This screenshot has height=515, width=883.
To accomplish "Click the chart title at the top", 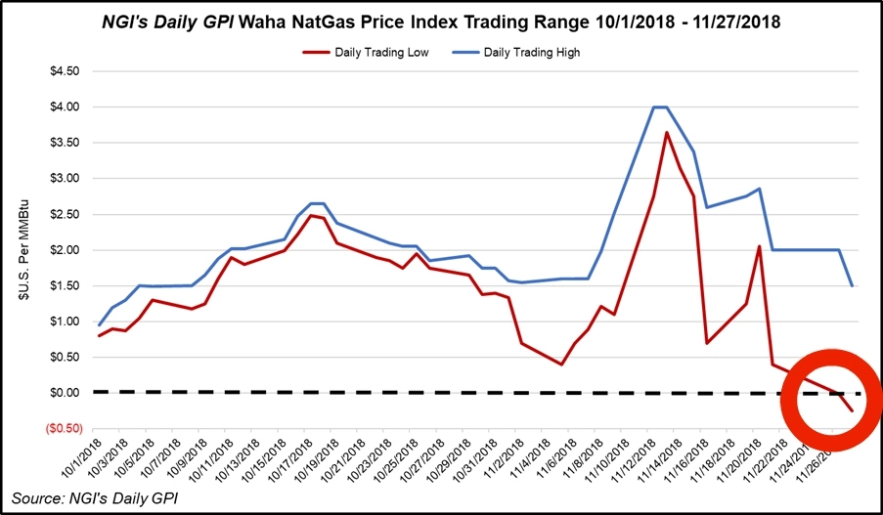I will coord(441,20).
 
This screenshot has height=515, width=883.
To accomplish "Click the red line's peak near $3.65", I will coord(666,132).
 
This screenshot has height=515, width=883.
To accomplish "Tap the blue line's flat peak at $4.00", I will coord(659,107).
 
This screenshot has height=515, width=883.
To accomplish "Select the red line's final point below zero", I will coord(852,410).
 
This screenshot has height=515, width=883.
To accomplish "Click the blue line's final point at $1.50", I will coord(852,285).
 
